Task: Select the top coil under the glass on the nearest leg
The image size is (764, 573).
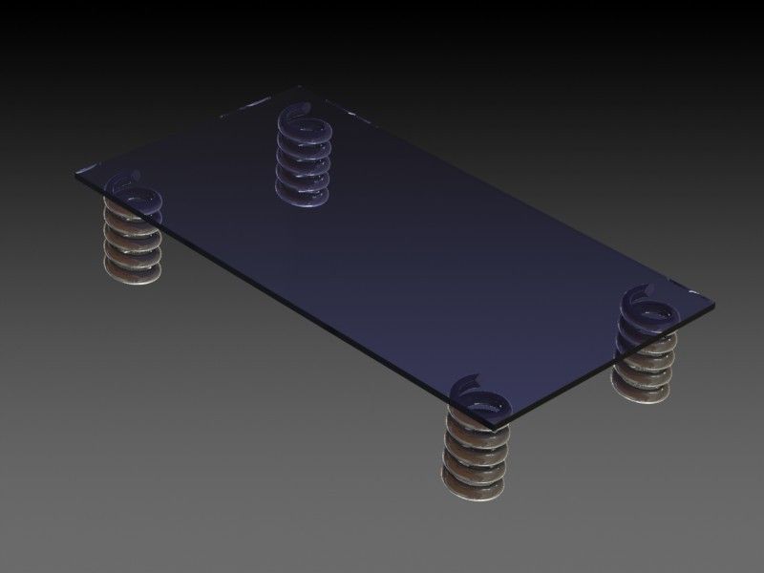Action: (476, 431)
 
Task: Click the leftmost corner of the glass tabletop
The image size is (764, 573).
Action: (74, 174)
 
